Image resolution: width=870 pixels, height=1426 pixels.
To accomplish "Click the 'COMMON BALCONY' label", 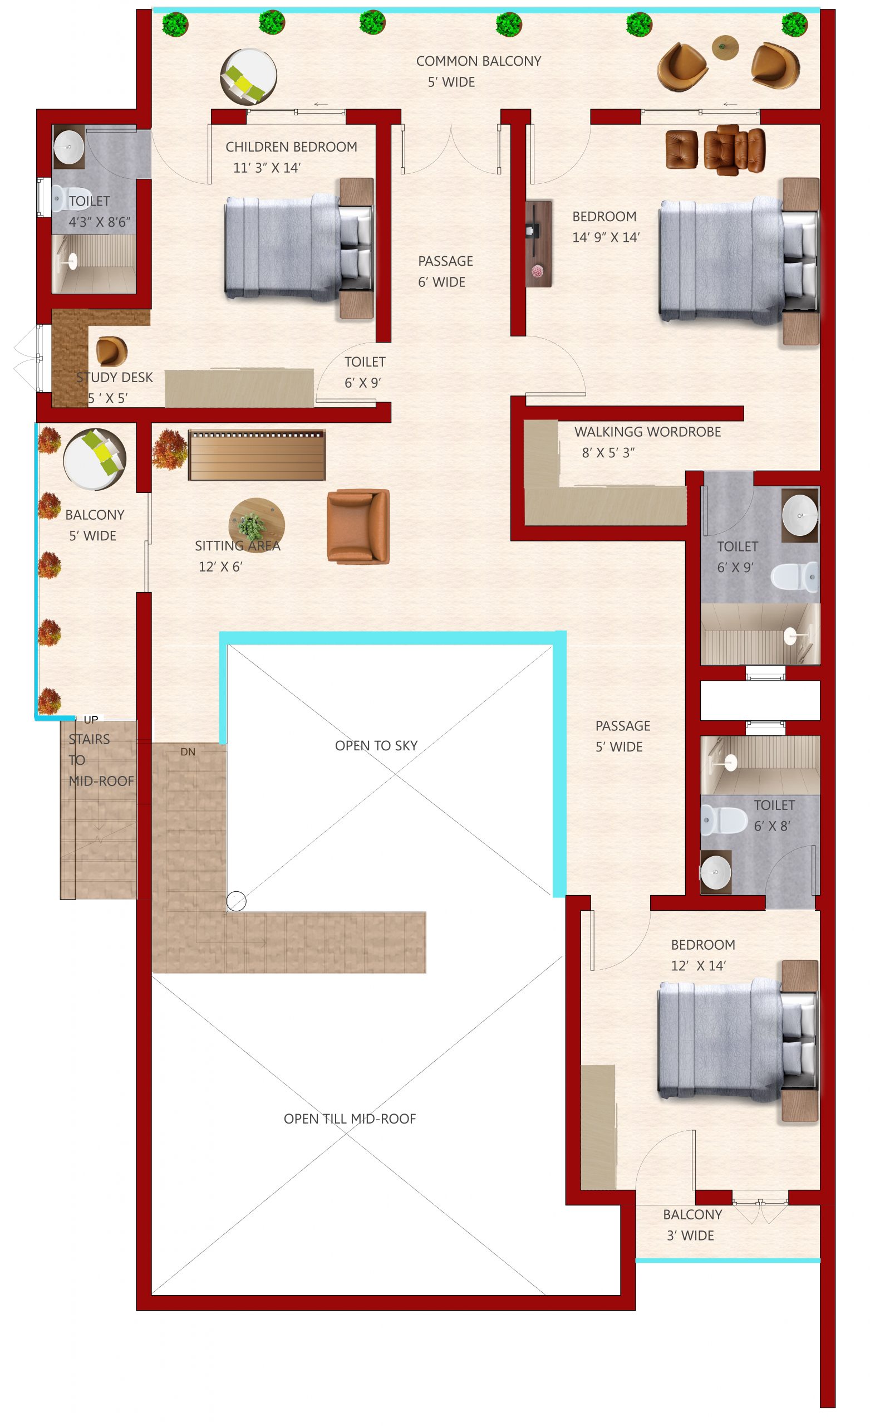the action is tap(478, 61).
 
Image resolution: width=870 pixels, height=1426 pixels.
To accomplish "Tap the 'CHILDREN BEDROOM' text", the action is tap(291, 146).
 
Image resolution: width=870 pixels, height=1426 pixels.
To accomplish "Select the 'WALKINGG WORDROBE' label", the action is tap(647, 432).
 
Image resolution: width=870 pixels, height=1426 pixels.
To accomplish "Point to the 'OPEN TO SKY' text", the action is tap(376, 745).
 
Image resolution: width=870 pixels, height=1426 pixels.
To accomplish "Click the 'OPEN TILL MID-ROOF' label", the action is tap(350, 1119).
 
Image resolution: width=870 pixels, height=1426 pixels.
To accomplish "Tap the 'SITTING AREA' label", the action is tap(237, 546).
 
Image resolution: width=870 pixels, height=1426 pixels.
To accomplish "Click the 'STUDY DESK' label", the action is tap(115, 377).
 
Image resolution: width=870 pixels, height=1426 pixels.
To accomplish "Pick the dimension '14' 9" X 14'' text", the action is tap(606, 237).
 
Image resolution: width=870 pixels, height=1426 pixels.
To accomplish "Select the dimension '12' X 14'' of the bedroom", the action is tap(698, 965).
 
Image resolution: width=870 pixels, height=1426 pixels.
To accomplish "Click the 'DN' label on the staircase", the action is tap(188, 752).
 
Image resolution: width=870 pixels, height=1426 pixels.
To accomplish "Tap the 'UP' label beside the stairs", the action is tap(91, 719).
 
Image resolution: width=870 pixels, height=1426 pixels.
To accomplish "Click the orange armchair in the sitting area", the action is tap(358, 526).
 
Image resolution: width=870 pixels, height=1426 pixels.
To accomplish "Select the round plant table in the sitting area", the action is tap(256, 525).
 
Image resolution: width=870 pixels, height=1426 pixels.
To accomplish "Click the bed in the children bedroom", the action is tap(298, 248).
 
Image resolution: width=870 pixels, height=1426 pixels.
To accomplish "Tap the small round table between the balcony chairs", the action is tap(725, 47).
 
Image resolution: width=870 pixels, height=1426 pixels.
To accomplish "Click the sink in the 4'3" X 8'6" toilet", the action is tap(69, 147).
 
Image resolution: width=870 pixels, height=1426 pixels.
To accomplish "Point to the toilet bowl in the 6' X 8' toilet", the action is tap(724, 820).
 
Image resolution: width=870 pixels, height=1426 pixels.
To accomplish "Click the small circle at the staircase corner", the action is tap(236, 901).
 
